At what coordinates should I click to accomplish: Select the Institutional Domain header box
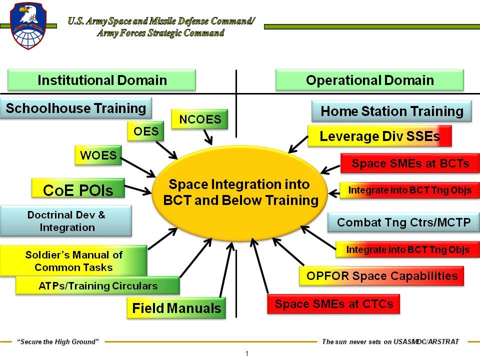[102, 80]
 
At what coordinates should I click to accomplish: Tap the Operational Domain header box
[369, 80]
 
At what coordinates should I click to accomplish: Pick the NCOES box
[199, 119]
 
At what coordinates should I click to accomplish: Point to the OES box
[146, 132]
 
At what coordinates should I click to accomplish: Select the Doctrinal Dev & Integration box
[66, 221]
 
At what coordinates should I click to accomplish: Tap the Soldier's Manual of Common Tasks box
[73, 260]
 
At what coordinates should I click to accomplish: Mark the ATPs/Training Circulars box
[97, 286]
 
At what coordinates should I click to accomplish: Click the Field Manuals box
[176, 308]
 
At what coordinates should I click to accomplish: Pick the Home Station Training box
[391, 111]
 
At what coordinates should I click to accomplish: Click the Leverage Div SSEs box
[379, 136]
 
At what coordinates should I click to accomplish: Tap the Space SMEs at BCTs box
[410, 163]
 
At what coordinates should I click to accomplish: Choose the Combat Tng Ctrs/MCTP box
[403, 222]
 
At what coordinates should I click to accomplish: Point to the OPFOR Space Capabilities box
[381, 276]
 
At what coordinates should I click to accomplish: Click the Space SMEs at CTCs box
[333, 304]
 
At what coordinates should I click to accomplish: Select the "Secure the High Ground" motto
[58, 342]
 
